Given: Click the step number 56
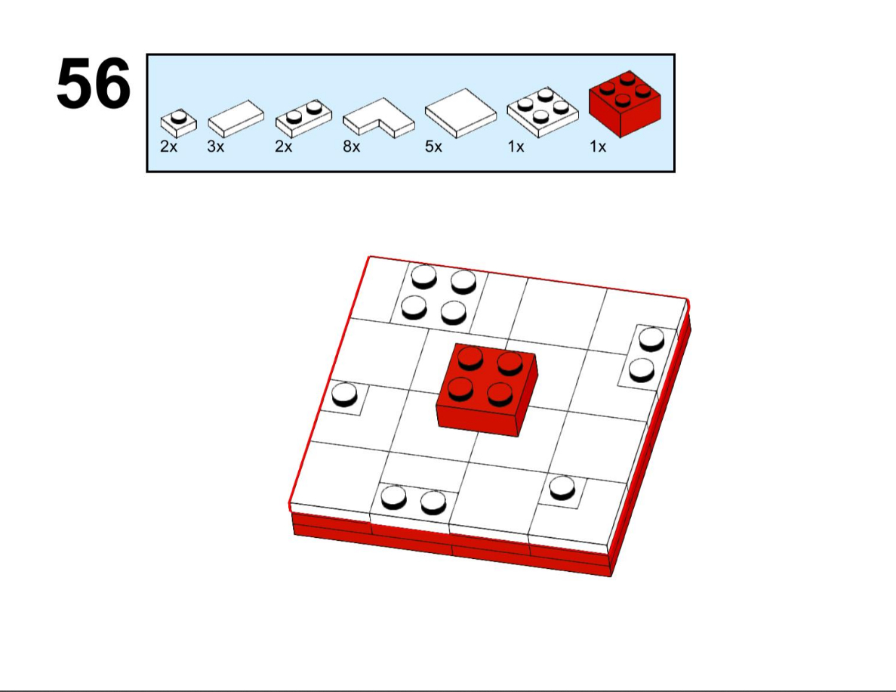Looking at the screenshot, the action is click(x=94, y=84).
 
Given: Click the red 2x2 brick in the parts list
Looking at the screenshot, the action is click(x=625, y=103).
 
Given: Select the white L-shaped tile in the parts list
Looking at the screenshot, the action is click(x=378, y=118).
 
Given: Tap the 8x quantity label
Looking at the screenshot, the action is click(x=352, y=147).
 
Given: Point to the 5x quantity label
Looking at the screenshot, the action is click(x=433, y=147).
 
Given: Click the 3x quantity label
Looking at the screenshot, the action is click(x=215, y=147).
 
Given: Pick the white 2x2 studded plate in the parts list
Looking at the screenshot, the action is click(x=542, y=112).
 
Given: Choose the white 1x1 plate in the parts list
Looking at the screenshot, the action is click(x=178, y=123).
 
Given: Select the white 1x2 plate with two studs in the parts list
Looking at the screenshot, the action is click(x=303, y=119).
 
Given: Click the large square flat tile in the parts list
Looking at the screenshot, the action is click(x=460, y=113).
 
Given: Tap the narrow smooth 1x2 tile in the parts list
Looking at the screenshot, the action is click(x=236, y=119).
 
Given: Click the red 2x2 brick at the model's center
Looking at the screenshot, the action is click(x=486, y=390).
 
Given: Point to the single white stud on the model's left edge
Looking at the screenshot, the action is click(x=344, y=394).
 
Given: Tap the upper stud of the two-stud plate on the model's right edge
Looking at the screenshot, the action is click(x=651, y=338).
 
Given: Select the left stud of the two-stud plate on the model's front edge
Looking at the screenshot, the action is click(x=394, y=498).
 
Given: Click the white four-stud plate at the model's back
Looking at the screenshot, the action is click(x=439, y=295).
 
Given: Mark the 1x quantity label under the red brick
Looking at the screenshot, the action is click(x=598, y=147).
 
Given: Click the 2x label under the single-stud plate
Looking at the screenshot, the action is click(x=168, y=147).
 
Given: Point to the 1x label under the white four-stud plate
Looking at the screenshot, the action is click(x=516, y=147).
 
